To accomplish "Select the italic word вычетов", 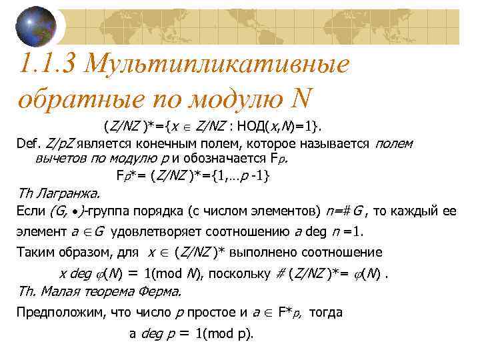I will pyautogui.click(x=58, y=159).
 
